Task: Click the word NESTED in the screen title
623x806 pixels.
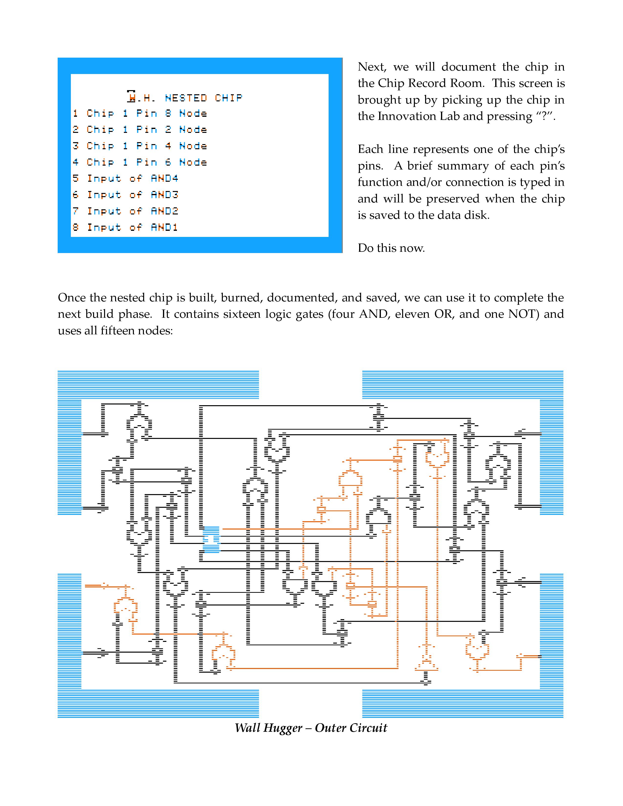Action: [x=186, y=98]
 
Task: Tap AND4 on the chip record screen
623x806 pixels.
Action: [x=164, y=179]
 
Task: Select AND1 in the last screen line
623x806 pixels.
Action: [x=164, y=227]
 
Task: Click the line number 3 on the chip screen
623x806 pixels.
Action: [x=76, y=146]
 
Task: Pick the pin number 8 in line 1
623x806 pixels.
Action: [x=168, y=113]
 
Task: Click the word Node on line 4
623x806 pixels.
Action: [x=193, y=162]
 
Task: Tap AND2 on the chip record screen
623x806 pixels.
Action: [x=164, y=211]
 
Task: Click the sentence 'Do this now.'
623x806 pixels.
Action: [x=391, y=248]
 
